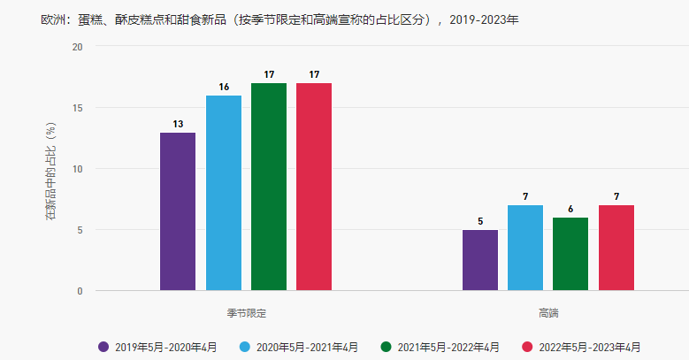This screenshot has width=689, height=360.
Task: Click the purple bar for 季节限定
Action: point(178,211)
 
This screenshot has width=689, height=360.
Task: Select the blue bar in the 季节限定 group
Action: point(224,193)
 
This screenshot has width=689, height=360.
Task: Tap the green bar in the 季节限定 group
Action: point(269,187)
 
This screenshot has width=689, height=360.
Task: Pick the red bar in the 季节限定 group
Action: point(314,187)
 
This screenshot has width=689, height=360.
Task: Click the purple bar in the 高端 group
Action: point(480,260)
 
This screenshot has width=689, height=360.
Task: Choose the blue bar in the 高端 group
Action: point(525,248)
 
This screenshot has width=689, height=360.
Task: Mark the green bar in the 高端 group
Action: point(570,254)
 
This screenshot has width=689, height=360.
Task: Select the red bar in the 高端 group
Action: point(616,248)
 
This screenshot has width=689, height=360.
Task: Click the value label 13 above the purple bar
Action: point(178,124)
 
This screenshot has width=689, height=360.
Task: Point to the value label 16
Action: point(224,87)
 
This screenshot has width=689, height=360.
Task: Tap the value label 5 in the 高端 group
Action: point(480,221)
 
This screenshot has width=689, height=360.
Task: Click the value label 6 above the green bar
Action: point(570,209)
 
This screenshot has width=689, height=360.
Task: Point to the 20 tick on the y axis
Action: point(77,47)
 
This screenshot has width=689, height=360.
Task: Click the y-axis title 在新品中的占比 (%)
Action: point(50,169)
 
